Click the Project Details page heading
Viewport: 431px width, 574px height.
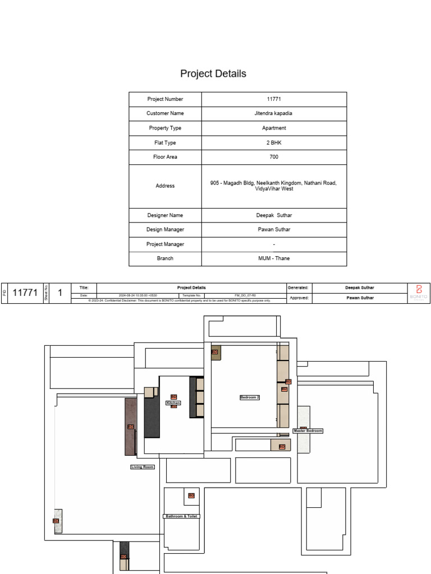click(213, 74)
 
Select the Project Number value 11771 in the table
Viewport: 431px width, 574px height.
click(274, 99)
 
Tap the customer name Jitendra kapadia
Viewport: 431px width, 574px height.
click(274, 113)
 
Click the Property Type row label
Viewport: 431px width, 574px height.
click(165, 128)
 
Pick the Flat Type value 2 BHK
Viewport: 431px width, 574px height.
click(274, 142)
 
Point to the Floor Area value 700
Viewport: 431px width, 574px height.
click(274, 157)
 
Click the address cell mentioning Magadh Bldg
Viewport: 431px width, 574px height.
click(274, 186)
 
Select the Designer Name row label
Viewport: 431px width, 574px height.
click(165, 215)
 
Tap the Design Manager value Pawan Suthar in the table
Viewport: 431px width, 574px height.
click(274, 230)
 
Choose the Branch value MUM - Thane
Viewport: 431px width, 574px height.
click(274, 258)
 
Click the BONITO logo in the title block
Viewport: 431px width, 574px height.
click(418, 293)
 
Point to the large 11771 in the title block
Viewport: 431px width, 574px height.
click(25, 293)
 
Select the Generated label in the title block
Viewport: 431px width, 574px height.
click(298, 288)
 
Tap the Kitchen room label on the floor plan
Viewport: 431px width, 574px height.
click(173, 403)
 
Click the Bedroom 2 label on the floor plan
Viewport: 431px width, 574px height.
click(250, 397)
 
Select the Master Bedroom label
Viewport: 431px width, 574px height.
click(308, 431)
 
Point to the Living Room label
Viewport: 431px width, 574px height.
click(142, 467)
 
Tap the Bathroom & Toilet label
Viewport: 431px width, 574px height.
click(182, 516)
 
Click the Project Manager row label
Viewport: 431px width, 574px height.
click(165, 244)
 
